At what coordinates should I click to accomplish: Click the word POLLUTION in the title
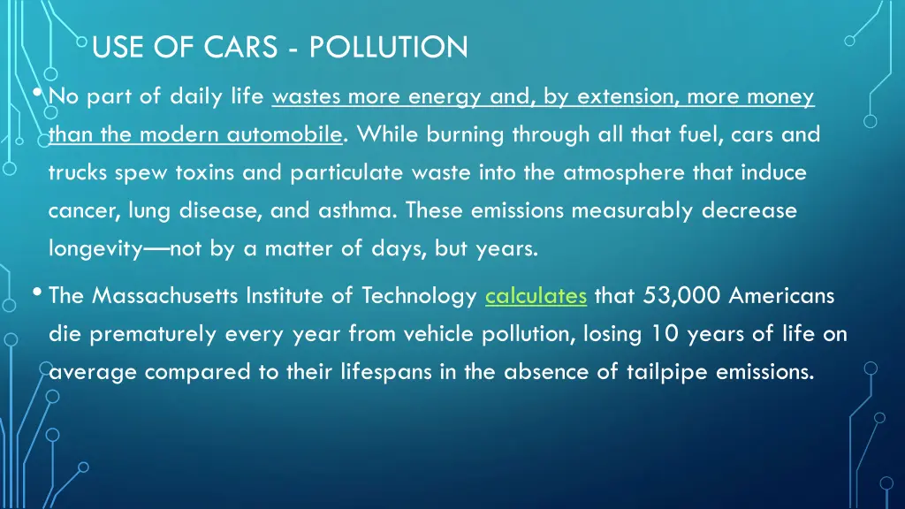pyautogui.click(x=389, y=47)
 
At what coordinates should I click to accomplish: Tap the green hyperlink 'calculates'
pyautogui.click(x=536, y=296)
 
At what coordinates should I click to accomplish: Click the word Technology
pyautogui.click(x=419, y=296)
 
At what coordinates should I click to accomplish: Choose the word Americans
pyautogui.click(x=781, y=296)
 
